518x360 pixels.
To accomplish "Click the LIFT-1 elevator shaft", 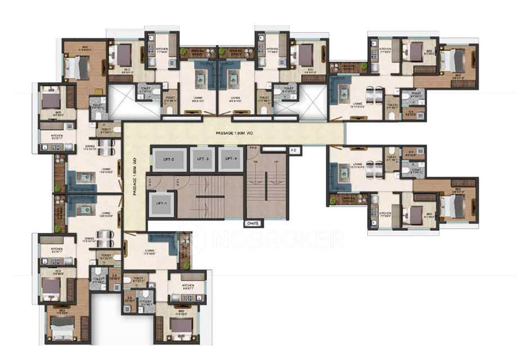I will tap(161, 202).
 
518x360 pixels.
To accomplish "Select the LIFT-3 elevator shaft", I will tap(202, 159).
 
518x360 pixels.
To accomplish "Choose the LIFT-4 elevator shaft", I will tap(231, 159).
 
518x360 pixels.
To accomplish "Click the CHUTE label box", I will tap(254, 223).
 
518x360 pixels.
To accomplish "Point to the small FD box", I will tap(295, 151).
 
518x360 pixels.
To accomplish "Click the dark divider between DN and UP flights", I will tap(265, 186).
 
